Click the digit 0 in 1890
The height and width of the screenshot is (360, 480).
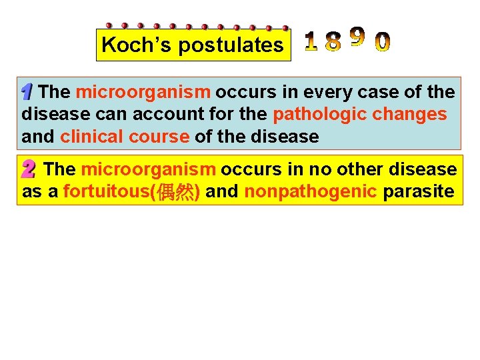point(383,42)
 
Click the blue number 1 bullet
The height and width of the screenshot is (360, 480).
point(27,91)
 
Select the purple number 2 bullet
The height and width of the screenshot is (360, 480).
point(29,170)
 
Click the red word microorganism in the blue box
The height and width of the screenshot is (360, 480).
point(143,92)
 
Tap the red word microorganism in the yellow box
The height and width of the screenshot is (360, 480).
point(148,170)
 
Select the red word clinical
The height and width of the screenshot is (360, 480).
point(90,137)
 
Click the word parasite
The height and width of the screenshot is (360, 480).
point(419,193)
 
